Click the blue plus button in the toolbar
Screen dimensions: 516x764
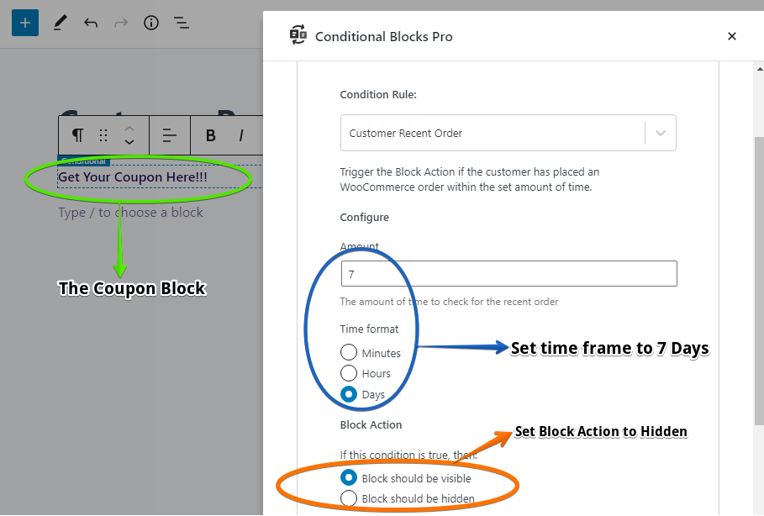tap(25, 23)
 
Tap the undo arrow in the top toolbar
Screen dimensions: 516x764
tap(90, 23)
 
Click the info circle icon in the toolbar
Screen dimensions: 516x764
tap(151, 23)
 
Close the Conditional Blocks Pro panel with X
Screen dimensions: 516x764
tap(731, 36)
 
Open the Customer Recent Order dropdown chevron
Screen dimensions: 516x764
tap(661, 133)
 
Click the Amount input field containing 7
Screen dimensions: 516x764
tap(508, 274)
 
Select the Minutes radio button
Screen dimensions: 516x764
tap(349, 353)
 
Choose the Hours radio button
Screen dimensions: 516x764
tap(349, 373)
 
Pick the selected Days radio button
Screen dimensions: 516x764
tap(349, 394)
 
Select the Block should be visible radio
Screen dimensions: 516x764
tap(349, 478)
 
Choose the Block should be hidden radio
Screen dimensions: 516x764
tap(349, 498)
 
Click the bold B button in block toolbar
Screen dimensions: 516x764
tap(211, 135)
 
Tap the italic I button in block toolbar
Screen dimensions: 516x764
tap(241, 135)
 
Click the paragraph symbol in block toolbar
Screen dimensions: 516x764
tap(77, 135)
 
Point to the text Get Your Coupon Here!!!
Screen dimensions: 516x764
tap(133, 177)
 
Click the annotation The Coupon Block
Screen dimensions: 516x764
tap(132, 289)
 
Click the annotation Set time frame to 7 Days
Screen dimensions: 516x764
tap(610, 349)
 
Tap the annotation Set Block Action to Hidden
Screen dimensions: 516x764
tap(601, 432)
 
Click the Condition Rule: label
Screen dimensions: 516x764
tap(378, 95)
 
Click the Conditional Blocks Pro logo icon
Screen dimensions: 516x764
tap(298, 35)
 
